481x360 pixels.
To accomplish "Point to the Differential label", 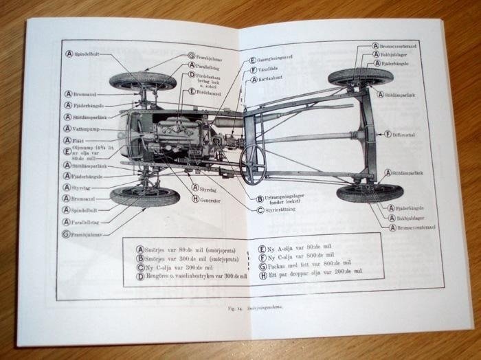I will point(411,134).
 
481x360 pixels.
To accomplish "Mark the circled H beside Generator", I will point(196,199).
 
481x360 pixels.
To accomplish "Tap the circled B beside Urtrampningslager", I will point(260,199).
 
